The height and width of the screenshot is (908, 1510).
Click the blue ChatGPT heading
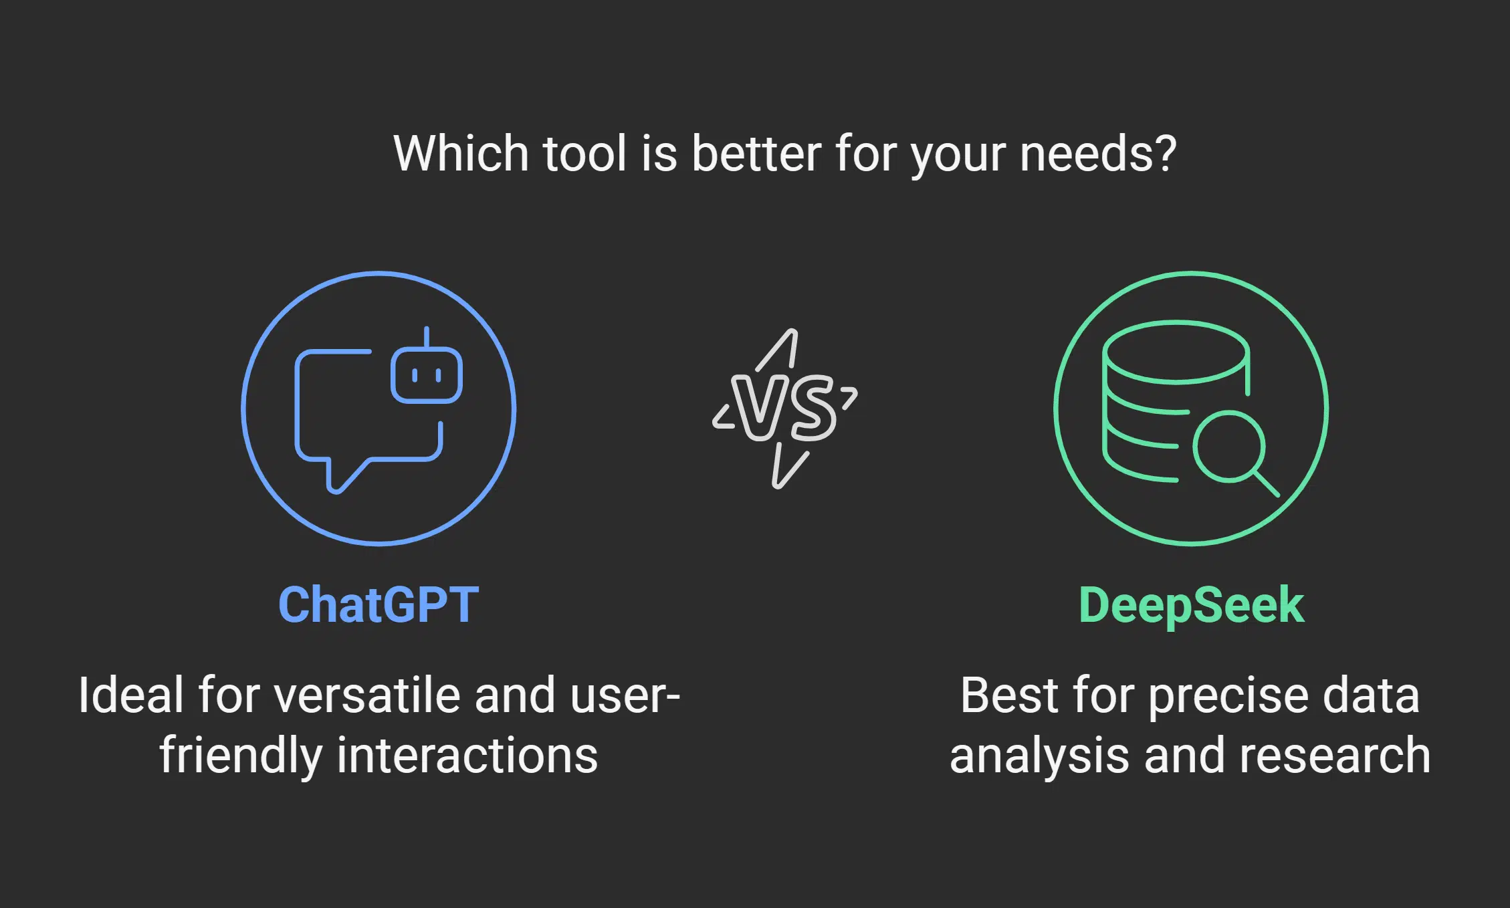click(379, 604)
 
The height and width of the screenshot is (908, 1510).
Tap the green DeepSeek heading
click(1191, 606)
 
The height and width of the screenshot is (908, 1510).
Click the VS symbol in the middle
click(785, 409)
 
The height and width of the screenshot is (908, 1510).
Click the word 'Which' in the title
click(461, 153)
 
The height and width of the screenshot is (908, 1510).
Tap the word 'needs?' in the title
click(1097, 153)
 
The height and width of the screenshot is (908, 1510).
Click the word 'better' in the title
click(756, 153)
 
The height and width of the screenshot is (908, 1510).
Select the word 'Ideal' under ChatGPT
click(131, 695)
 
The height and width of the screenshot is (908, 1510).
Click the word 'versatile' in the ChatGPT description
click(367, 695)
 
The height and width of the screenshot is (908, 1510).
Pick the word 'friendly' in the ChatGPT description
click(241, 756)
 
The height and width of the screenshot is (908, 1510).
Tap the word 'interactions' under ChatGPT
click(467, 756)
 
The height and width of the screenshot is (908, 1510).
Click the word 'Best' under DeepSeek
click(1010, 695)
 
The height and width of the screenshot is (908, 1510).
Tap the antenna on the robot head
click(427, 338)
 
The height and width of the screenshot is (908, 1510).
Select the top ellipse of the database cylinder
click(1176, 352)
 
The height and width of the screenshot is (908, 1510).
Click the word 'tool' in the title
click(585, 153)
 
